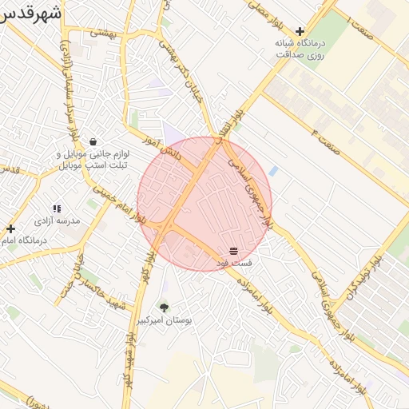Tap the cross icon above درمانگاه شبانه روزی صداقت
point(300,31)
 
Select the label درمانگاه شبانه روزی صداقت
point(299,50)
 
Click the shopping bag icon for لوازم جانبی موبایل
point(93,141)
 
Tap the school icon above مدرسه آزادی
point(57,208)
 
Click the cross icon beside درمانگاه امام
point(10,228)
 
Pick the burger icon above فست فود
point(233,250)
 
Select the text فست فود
point(234,261)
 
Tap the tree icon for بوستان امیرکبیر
point(164,307)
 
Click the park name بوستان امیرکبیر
point(165,320)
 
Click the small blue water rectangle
point(274,171)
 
